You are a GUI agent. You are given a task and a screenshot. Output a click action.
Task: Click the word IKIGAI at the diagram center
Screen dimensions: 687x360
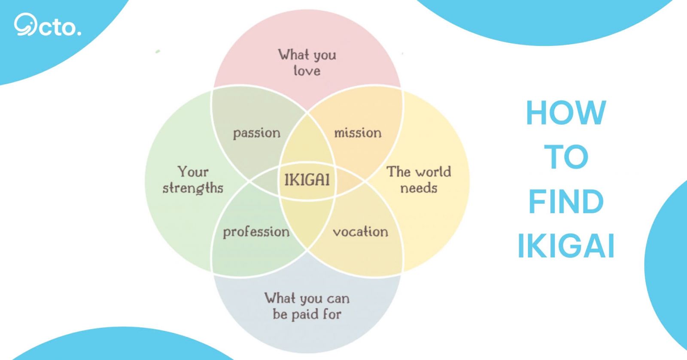pyautogui.click(x=307, y=179)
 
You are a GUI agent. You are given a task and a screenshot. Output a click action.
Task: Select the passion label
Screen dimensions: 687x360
pyautogui.click(x=257, y=133)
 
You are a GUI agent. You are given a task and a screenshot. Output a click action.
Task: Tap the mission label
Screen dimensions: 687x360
pyautogui.click(x=358, y=133)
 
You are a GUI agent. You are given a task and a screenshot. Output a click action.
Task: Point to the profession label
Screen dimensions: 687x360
pyautogui.click(x=256, y=232)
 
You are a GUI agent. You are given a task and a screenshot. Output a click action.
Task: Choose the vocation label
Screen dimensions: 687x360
pyautogui.click(x=360, y=232)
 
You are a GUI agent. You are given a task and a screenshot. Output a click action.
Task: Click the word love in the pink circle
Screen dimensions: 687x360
pyautogui.click(x=307, y=71)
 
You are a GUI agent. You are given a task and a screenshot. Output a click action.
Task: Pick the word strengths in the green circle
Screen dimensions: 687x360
pyautogui.click(x=193, y=188)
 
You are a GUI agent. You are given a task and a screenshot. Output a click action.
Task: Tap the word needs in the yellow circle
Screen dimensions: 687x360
pyautogui.click(x=419, y=188)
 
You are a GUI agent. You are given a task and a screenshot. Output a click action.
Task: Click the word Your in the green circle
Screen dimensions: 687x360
pyautogui.click(x=193, y=172)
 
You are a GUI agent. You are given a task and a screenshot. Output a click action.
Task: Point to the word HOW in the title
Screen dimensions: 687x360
pyautogui.click(x=566, y=112)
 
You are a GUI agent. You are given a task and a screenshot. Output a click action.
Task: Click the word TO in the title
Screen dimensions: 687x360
pyautogui.click(x=566, y=157)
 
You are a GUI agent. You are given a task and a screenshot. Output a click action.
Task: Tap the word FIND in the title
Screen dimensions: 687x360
pyautogui.click(x=566, y=202)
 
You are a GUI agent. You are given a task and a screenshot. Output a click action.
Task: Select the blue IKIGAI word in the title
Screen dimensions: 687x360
pyautogui.click(x=566, y=246)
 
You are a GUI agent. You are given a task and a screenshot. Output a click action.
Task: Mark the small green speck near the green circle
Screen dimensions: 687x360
pyautogui.click(x=158, y=51)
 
